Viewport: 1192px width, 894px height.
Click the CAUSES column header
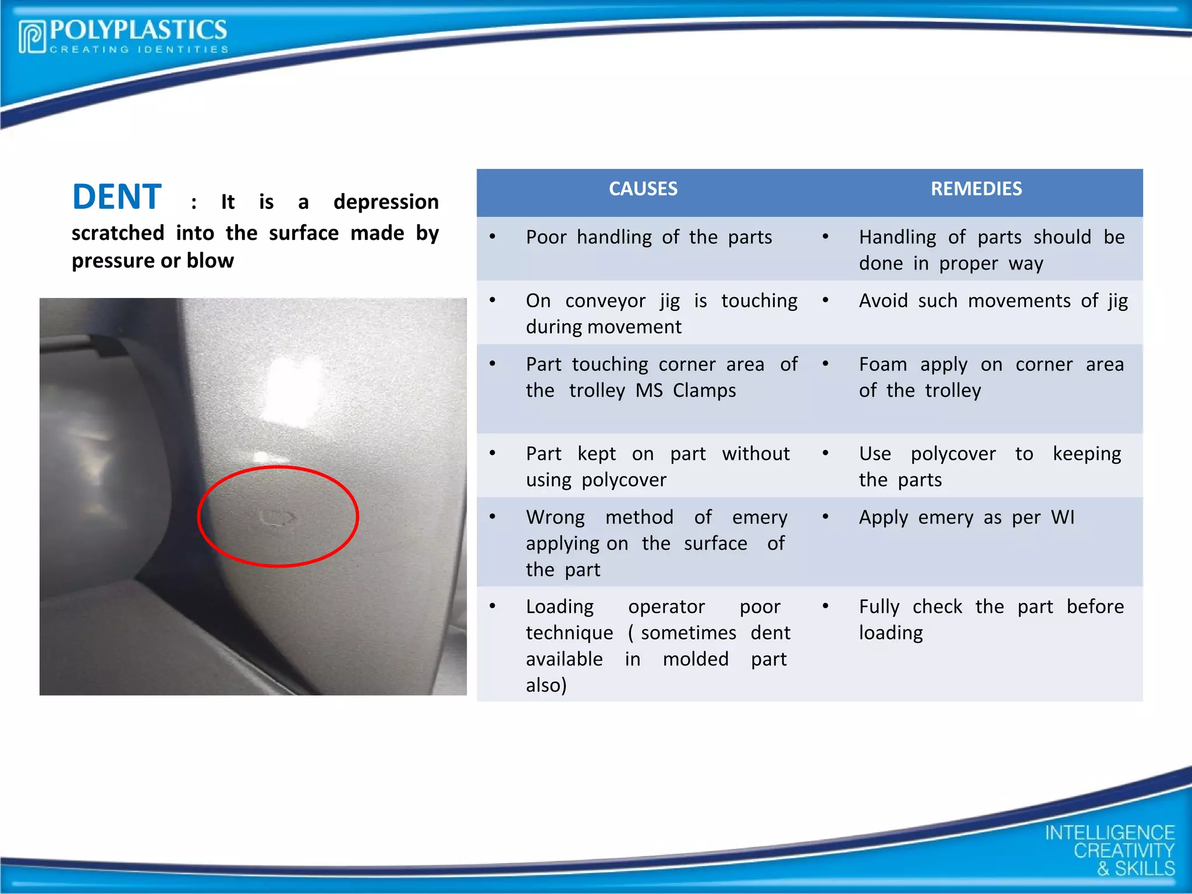pyautogui.click(x=643, y=189)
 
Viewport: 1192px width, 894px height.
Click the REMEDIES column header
pyautogui.click(x=975, y=189)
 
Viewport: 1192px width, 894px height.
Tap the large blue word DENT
pyautogui.click(x=117, y=197)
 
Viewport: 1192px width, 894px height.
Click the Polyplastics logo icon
pyautogui.click(x=32, y=37)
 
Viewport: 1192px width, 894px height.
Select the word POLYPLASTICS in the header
pyautogui.click(x=139, y=30)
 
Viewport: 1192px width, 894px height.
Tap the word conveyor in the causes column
pyautogui.click(x=605, y=301)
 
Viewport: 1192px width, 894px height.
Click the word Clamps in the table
pyautogui.click(x=704, y=391)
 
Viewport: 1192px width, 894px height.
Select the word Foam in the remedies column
pyautogui.click(x=882, y=364)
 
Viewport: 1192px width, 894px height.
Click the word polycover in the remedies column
pyautogui.click(x=953, y=454)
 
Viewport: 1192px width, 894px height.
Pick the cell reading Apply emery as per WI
pyautogui.click(x=966, y=517)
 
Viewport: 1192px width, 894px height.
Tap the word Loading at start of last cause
pyautogui.click(x=559, y=607)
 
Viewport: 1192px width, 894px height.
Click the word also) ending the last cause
pyautogui.click(x=546, y=686)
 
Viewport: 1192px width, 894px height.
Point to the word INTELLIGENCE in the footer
pyautogui.click(x=1109, y=833)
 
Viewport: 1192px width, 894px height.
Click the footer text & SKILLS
pyautogui.click(x=1136, y=869)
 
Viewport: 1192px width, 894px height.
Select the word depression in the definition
pyautogui.click(x=386, y=202)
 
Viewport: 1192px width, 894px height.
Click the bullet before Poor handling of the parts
pyautogui.click(x=492, y=237)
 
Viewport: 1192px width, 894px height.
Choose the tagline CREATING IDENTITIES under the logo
pyautogui.click(x=139, y=49)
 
